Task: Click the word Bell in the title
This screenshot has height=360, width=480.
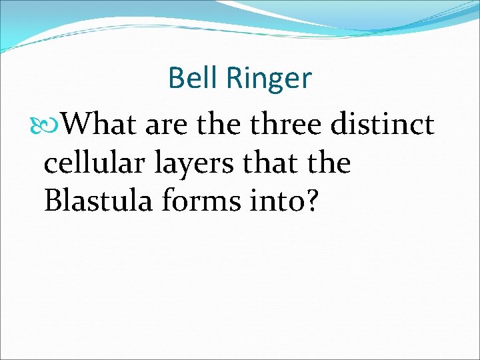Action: (193, 78)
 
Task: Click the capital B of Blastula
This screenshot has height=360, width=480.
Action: (53, 200)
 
